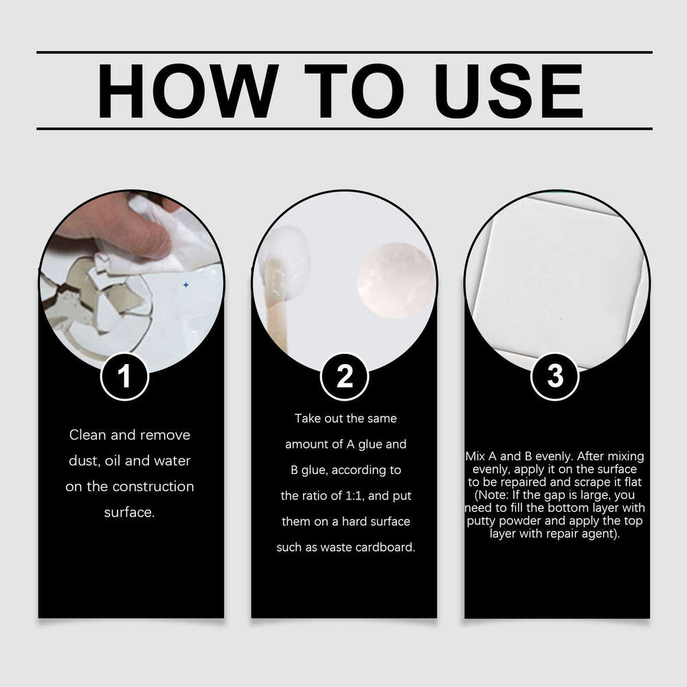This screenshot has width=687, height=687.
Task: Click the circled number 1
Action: (124, 376)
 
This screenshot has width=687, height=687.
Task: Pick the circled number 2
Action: (344, 376)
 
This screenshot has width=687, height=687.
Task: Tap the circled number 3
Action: (555, 376)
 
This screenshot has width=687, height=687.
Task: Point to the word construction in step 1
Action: (153, 486)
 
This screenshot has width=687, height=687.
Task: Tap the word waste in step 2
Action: (335, 548)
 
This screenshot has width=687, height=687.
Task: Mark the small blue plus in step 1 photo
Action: (185, 284)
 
